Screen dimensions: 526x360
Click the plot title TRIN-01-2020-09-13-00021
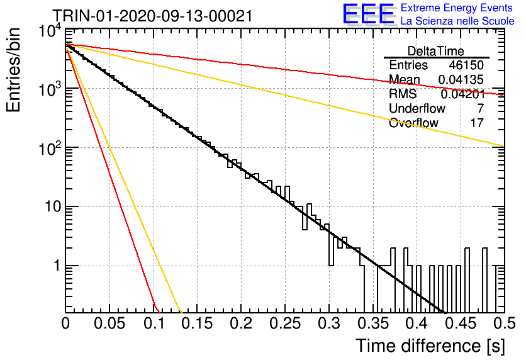[153, 16]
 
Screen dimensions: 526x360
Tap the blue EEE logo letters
[369, 14]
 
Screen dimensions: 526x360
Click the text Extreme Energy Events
[457, 8]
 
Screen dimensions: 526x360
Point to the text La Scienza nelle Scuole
[457, 21]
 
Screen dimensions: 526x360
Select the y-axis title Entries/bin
[13, 70]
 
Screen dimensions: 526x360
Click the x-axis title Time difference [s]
[430, 346]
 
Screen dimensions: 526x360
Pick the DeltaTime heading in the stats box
[435, 51]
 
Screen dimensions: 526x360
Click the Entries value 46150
[466, 65]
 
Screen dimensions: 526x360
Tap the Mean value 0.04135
[461, 79]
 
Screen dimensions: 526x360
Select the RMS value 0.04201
[462, 94]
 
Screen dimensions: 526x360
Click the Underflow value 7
[480, 108]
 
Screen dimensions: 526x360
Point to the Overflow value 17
[477, 123]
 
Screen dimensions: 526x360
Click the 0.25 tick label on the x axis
[285, 323]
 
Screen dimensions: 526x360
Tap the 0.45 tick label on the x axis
[461, 323]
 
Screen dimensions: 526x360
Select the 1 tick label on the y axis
[57, 266]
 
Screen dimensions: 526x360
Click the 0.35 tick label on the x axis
[372, 323]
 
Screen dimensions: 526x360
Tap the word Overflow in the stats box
[413, 123]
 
